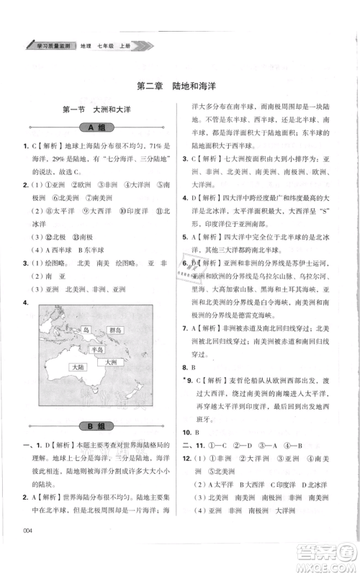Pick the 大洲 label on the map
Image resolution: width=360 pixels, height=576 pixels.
coord(111,362)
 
